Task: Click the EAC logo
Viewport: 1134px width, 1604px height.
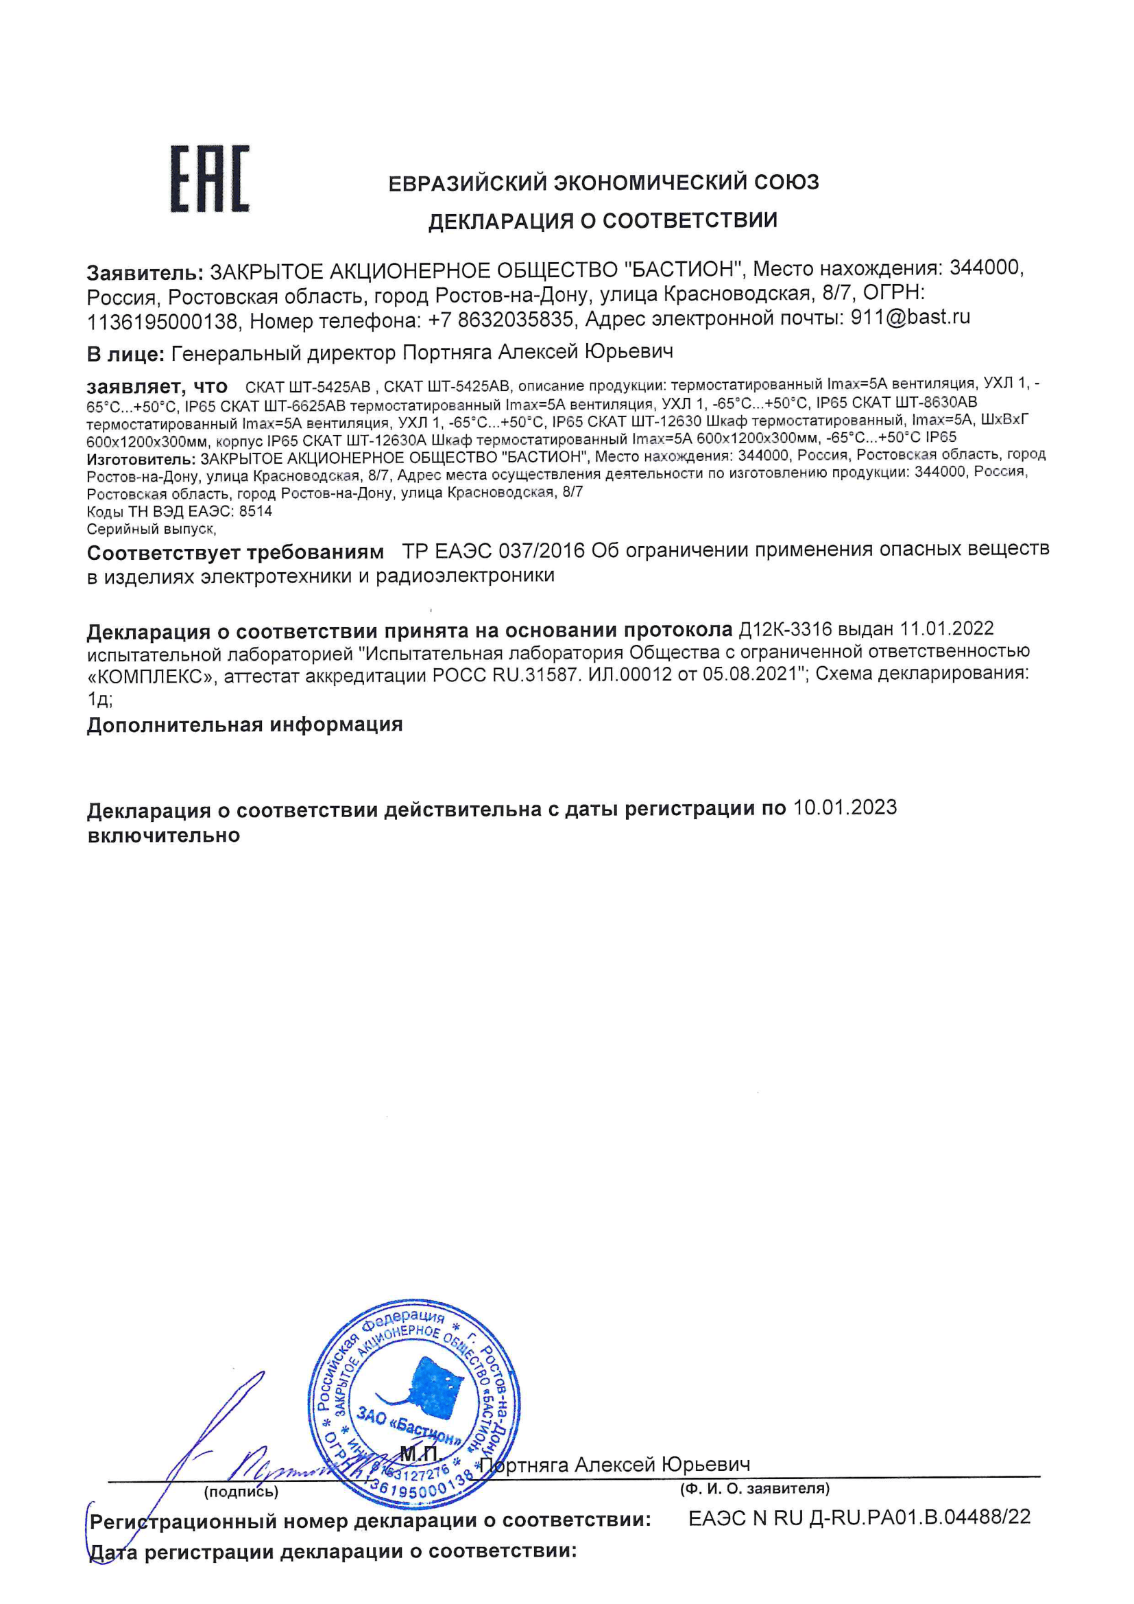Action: coord(210,179)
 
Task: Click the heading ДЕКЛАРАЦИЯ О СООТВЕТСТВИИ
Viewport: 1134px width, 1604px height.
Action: coord(602,221)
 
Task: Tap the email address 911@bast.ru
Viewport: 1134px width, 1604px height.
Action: coord(910,318)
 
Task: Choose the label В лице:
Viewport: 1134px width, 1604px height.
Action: coord(125,354)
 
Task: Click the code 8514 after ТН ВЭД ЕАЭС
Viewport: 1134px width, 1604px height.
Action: coord(256,511)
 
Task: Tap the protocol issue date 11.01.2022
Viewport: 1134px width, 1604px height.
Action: coord(946,628)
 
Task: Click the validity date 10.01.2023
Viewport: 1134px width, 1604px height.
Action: coord(845,807)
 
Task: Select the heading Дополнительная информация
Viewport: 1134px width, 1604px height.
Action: coord(244,724)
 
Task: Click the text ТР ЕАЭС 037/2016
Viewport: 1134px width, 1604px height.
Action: coord(493,551)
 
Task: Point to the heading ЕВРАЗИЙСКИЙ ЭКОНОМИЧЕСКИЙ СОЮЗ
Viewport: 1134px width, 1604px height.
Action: coord(603,183)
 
